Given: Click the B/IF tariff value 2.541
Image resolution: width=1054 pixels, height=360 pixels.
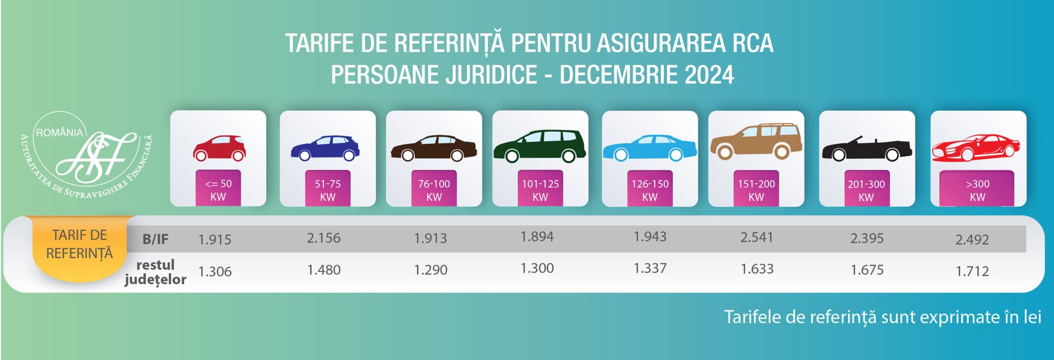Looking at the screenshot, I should point(756,238).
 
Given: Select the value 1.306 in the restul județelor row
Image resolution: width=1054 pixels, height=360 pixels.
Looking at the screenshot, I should point(215,271).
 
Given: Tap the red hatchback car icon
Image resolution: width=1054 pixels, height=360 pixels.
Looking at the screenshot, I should point(219,148).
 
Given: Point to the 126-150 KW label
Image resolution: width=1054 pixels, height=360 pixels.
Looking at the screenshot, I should point(650,190).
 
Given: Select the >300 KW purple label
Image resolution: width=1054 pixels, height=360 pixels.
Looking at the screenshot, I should point(977,190).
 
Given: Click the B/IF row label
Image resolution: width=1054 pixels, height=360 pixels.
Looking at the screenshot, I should point(155,239).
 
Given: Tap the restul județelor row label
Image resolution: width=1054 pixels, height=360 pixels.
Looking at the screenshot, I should point(155,272).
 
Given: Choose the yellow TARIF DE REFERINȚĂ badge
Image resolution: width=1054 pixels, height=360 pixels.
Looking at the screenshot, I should point(80,245).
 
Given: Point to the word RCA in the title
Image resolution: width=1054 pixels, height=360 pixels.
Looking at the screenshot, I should point(753,43).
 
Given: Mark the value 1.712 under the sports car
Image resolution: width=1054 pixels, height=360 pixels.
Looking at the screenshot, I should point(972,271).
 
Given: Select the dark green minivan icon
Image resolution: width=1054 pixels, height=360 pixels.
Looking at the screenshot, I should point(540,147).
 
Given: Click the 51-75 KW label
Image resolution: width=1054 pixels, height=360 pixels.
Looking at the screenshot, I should point(328,190).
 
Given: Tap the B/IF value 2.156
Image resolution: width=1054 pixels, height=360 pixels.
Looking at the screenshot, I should point(323,238).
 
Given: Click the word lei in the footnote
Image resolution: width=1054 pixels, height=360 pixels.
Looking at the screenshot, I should point(1031,317).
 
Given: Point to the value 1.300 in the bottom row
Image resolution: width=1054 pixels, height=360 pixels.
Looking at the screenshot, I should point(537,268).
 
